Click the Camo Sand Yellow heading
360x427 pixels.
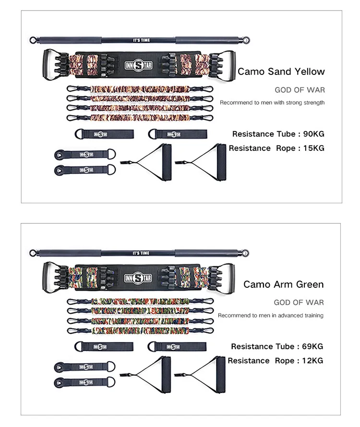tap(281, 72)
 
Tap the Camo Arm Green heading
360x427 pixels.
tap(284, 284)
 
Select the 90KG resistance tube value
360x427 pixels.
tap(314, 134)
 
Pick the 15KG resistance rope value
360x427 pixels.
tap(314, 148)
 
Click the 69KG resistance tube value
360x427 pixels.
tap(312, 346)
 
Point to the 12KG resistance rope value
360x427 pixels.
tap(312, 361)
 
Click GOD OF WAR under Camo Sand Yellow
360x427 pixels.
tap(300, 90)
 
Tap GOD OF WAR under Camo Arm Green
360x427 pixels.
tap(299, 302)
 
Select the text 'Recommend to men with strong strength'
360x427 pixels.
tap(272, 103)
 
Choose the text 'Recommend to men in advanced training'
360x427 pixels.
tap(271, 316)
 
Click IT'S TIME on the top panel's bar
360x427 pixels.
tap(142, 40)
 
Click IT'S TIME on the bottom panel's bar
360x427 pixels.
tap(141, 253)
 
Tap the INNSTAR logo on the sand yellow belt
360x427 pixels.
tap(139, 66)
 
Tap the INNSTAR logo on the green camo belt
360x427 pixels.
tap(138, 278)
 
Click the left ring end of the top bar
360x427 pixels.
tap(33, 40)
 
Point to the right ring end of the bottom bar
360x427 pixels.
tap(245, 253)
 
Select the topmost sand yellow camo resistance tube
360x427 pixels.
tap(140, 89)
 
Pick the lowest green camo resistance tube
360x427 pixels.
tap(140, 331)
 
